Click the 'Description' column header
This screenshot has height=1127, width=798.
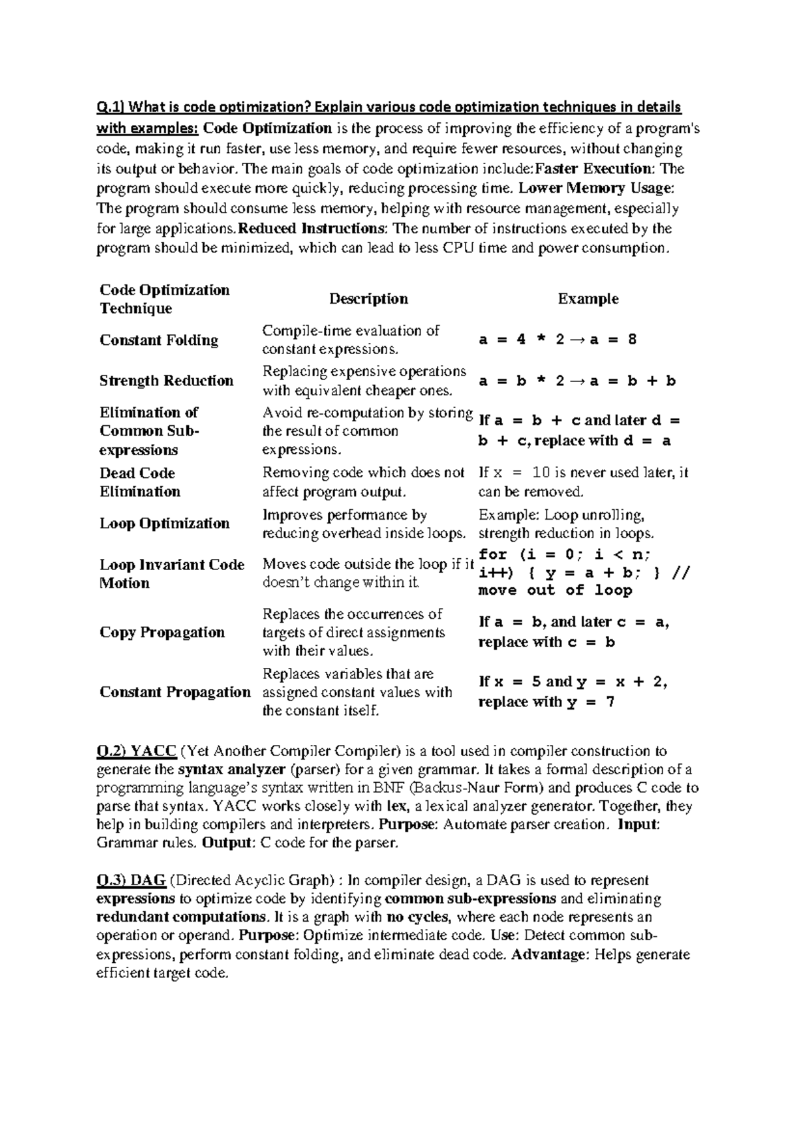[x=368, y=299]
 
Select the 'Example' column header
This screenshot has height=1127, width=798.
[x=588, y=299]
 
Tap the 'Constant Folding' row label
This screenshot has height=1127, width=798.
[x=159, y=340]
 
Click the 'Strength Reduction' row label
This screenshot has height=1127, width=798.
[x=166, y=381]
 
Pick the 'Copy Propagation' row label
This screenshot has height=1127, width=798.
[x=162, y=632]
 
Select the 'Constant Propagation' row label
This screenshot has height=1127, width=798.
[x=175, y=692]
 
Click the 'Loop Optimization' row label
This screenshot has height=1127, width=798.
[x=164, y=524]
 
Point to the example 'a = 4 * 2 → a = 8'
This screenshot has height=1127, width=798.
[x=557, y=340]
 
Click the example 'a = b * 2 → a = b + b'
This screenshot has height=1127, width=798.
[x=577, y=381]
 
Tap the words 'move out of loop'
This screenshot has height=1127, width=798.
[x=555, y=590]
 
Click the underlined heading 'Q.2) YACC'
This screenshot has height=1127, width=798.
[x=136, y=752]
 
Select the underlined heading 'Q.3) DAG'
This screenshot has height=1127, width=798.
[x=131, y=880]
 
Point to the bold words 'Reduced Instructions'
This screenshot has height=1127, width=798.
[x=310, y=229]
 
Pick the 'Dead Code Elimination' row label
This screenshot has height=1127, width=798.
[x=140, y=482]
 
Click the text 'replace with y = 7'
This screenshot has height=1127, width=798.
[x=546, y=702]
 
